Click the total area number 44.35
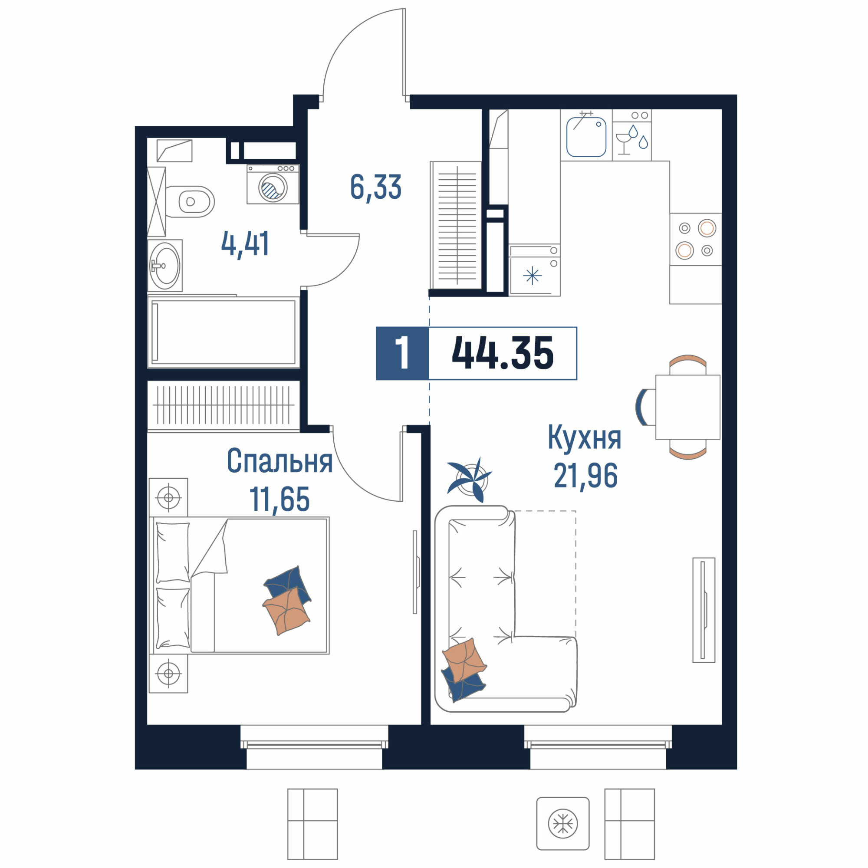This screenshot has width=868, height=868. pyautogui.click(x=502, y=354)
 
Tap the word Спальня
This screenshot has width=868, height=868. pyautogui.click(x=279, y=461)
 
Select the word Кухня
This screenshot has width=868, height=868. pyautogui.click(x=585, y=437)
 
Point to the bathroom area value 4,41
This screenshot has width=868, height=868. pyautogui.click(x=245, y=244)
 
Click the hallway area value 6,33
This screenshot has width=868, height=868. pyautogui.click(x=375, y=187)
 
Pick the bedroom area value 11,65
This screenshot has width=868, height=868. pyautogui.click(x=279, y=499)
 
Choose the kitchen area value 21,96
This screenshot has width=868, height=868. pyautogui.click(x=585, y=476)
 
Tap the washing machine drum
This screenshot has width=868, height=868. pyautogui.click(x=273, y=187)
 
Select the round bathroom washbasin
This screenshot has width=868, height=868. pyautogui.click(x=165, y=266)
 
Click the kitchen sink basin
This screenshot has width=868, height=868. pyautogui.click(x=586, y=137)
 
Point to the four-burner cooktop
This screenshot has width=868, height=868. pyautogui.click(x=695, y=239)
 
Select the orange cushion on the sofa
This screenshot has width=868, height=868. pyautogui.click(x=464, y=659)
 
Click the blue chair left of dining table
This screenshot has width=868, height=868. pyautogui.click(x=641, y=407)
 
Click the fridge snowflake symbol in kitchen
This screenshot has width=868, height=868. pyautogui.click(x=533, y=276)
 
